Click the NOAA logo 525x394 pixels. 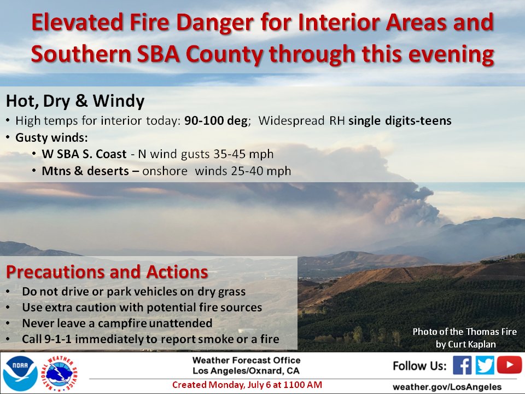[x=20, y=373]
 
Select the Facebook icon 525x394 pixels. [x=462, y=365]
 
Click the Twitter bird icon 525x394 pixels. [x=485, y=365]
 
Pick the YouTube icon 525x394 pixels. [x=509, y=364]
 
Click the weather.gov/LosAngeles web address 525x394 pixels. [x=447, y=387]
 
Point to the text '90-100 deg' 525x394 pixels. [x=216, y=120]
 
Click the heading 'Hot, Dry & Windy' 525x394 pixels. [x=75, y=101]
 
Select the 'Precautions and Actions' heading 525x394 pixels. [x=107, y=272]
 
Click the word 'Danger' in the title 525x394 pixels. [x=214, y=23]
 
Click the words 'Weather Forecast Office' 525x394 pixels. [x=247, y=360]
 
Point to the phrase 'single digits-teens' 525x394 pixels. [x=400, y=120]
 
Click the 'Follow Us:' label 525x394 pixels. [x=419, y=366]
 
